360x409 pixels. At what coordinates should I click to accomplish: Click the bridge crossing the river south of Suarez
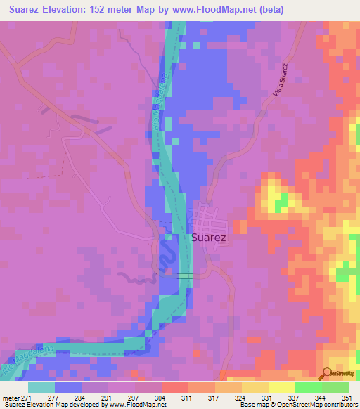(x=185, y=276)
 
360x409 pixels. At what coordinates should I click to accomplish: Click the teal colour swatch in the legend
(x=41, y=387)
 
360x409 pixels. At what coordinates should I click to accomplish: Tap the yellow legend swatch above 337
(x=282, y=387)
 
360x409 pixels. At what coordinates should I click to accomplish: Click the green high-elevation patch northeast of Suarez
(x=281, y=204)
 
